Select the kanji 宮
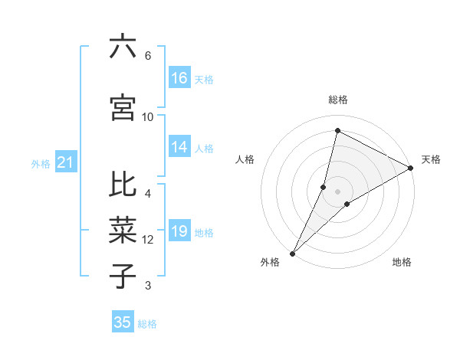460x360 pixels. (123, 108)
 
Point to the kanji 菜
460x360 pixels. (123, 230)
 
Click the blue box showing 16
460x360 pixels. (179, 77)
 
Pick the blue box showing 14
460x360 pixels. (179, 147)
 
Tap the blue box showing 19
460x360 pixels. (179, 231)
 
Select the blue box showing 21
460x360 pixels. (66, 162)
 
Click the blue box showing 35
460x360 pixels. (123, 322)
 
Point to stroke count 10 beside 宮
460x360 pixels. (148, 116)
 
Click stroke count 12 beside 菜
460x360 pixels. (148, 240)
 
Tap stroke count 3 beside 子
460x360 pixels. (148, 286)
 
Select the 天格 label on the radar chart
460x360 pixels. (431, 159)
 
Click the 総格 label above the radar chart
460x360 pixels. (338, 100)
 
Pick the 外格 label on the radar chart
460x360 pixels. (270, 262)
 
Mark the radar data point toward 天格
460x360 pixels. (411, 168)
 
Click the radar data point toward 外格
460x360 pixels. (292, 253)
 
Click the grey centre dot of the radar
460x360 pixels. (337, 191)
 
